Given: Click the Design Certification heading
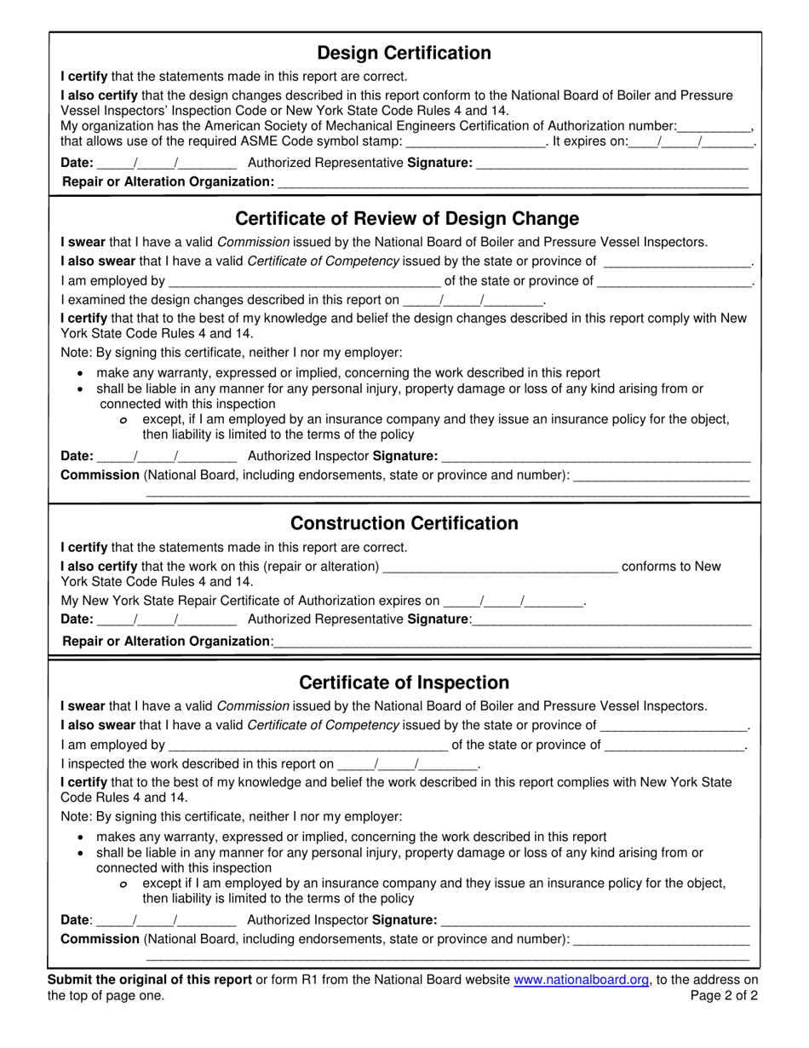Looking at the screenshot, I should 404,53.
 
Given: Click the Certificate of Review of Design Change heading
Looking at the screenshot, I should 406,218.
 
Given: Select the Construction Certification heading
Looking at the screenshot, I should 404,523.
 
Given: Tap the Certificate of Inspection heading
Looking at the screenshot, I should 404,682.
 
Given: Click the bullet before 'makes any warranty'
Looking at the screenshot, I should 80,838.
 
